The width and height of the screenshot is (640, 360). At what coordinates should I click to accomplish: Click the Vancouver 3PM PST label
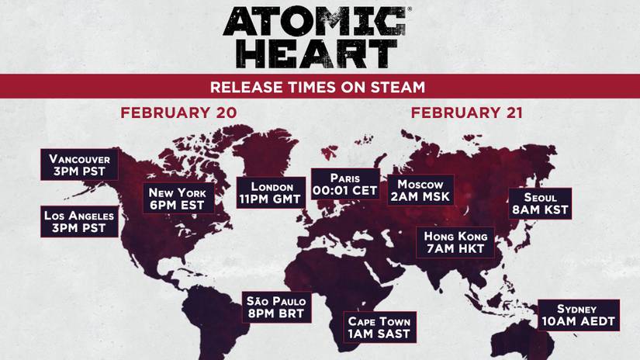80,164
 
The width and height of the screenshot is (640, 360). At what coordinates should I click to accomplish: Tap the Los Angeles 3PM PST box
80,221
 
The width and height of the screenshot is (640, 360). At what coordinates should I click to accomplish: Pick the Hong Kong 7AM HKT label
455,242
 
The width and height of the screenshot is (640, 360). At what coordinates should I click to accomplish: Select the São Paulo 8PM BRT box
277,307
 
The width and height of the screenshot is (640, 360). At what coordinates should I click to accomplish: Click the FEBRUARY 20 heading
178,112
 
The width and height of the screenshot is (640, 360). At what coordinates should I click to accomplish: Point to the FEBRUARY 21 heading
467,112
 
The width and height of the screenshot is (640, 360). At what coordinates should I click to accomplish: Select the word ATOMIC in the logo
314,21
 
